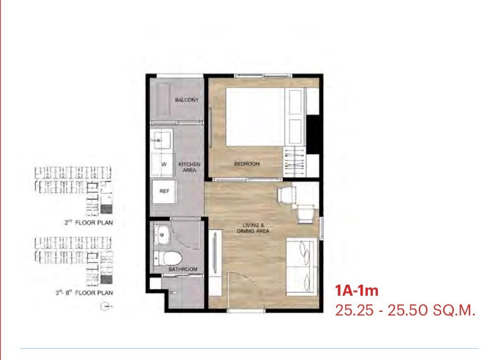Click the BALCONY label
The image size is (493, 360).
point(187,100)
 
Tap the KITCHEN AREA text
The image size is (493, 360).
point(189,167)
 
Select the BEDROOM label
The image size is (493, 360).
point(247,164)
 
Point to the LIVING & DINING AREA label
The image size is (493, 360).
point(253,228)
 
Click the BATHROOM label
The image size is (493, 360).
point(183,269)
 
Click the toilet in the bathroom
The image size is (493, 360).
point(168,258)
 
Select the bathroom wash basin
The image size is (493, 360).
point(161,235)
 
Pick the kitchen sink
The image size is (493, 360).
point(162,140)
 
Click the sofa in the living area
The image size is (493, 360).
point(301,267)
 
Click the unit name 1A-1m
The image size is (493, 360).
point(357,291)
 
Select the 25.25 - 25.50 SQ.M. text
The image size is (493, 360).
point(405,311)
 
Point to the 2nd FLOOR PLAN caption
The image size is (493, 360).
point(89,223)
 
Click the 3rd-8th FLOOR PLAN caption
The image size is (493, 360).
point(84,293)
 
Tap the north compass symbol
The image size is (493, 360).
point(105,307)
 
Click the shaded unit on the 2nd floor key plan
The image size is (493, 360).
point(106,209)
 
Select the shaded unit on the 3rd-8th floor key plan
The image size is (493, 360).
point(106,279)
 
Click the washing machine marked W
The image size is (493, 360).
point(162,165)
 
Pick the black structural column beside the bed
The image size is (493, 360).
point(313,134)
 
